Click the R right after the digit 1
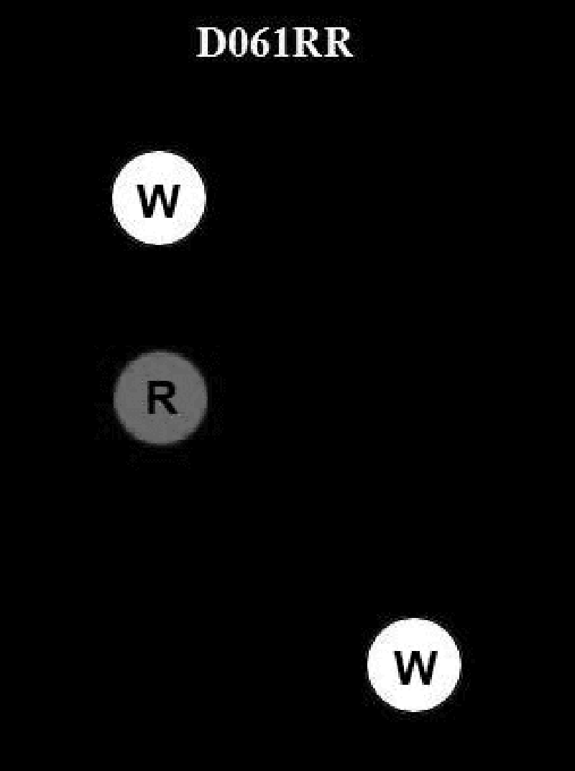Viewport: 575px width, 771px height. (305, 44)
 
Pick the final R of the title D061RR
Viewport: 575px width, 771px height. (336, 44)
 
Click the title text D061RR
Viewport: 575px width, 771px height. (275, 44)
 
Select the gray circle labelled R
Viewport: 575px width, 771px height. (160, 397)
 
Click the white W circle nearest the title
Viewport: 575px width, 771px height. (159, 198)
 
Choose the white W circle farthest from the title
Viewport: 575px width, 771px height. (414, 665)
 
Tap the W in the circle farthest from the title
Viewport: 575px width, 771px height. (415, 668)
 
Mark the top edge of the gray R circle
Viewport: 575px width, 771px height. (160, 352)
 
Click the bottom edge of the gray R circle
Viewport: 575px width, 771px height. (160, 443)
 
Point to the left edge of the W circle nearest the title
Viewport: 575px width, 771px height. (114, 198)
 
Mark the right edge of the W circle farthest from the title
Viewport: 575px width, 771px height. (460, 665)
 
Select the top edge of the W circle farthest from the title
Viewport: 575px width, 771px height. (414, 619)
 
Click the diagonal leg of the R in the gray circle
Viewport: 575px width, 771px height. (170, 407)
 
